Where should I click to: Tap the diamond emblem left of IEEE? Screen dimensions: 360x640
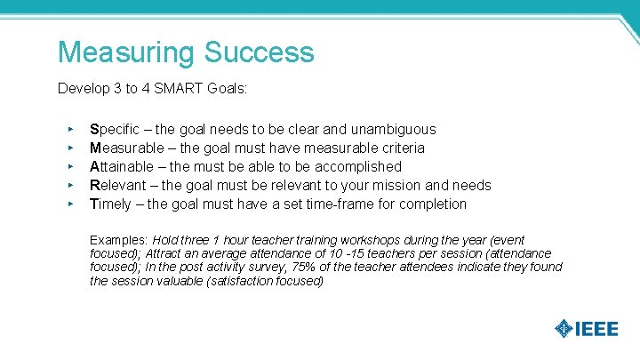[563, 329]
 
